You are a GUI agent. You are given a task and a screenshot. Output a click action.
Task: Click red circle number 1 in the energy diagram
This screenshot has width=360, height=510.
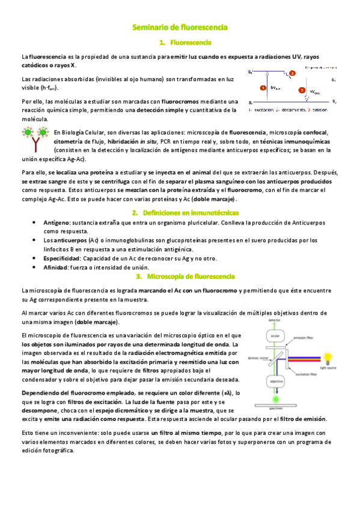(263, 88)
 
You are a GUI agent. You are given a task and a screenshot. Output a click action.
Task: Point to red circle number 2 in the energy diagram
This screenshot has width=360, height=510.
(292, 73)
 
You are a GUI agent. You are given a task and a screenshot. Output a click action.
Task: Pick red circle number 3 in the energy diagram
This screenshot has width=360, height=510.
(302, 91)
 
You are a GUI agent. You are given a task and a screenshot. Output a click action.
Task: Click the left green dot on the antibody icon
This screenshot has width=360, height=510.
(28, 133)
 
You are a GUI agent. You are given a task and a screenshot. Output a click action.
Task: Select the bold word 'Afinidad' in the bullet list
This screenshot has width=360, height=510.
(56, 266)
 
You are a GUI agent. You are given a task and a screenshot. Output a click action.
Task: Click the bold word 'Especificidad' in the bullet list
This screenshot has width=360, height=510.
(63, 258)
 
